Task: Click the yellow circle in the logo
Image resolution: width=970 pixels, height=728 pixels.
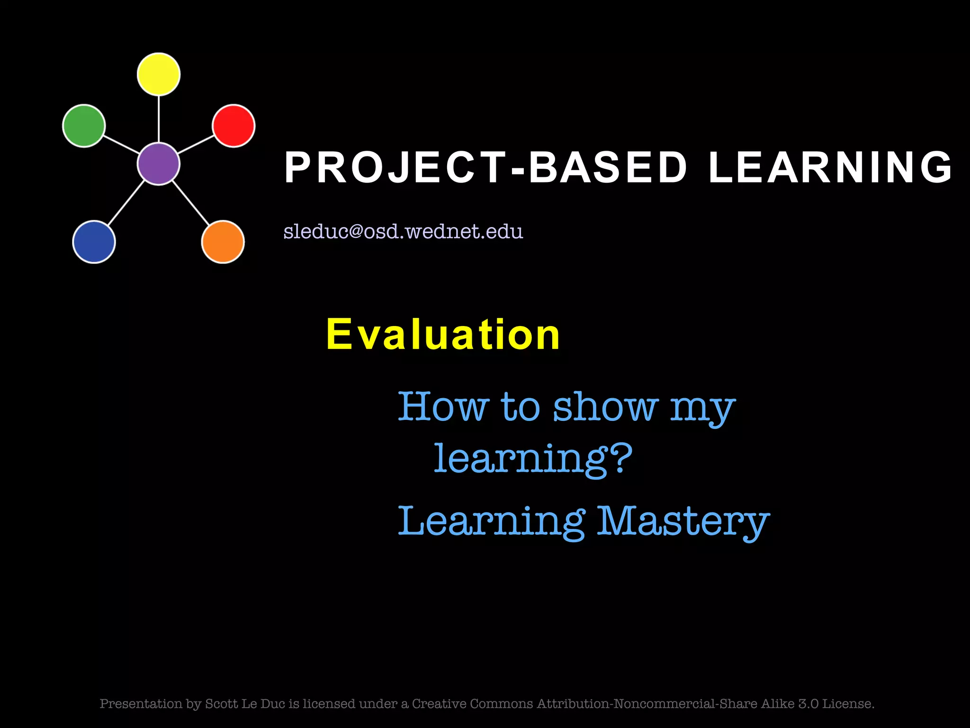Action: [x=159, y=74]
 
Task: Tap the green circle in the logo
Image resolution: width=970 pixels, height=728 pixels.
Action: [x=84, y=126]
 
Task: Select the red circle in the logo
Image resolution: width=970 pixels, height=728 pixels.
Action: [x=234, y=126]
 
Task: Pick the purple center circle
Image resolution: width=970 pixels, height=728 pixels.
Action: [x=159, y=164]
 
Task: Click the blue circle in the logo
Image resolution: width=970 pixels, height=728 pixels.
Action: [x=94, y=242]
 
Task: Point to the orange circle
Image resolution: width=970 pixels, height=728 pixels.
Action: [x=223, y=242]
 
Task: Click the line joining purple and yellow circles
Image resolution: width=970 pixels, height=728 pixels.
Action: [x=159, y=118]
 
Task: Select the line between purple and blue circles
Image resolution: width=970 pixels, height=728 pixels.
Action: [x=126, y=202]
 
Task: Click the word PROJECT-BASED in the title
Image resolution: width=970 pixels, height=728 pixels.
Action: [x=485, y=167]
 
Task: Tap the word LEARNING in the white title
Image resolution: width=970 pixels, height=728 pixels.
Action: [x=830, y=167]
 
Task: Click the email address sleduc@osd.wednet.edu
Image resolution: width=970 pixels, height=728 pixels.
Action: [x=403, y=231]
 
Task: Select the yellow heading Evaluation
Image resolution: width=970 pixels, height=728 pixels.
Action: [x=443, y=335]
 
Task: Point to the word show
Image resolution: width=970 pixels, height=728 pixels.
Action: [x=605, y=407]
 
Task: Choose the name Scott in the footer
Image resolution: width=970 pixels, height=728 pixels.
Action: [x=222, y=704]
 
